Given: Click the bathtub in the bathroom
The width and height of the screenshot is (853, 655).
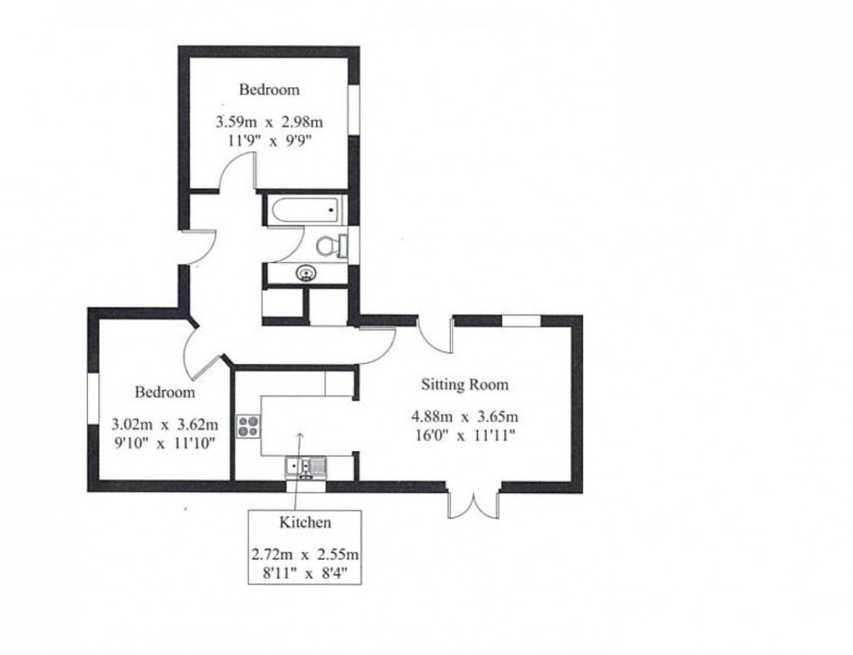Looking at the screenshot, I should [305, 210].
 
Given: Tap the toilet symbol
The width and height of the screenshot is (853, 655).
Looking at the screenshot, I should [332, 246].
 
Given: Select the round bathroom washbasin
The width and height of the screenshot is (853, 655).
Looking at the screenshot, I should [306, 273].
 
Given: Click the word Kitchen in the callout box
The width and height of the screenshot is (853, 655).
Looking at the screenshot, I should [304, 523].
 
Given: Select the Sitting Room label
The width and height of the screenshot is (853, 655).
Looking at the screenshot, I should [464, 384].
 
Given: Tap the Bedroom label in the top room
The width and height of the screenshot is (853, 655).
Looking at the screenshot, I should [269, 89].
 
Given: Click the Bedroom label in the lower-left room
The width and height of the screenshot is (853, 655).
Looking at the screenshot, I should [165, 393].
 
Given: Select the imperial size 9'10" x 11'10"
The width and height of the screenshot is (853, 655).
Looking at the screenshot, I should [165, 442].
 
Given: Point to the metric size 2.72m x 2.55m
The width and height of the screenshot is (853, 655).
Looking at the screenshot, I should [304, 554].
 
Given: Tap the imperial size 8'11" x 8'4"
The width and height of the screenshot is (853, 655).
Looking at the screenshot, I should [304, 573].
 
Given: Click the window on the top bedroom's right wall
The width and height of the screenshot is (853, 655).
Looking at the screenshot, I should [354, 110].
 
